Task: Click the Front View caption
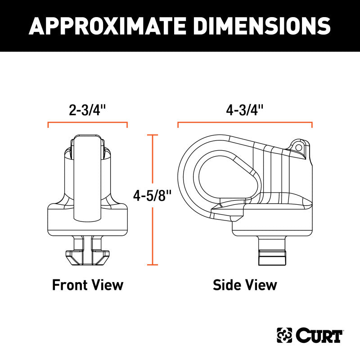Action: click(x=88, y=285)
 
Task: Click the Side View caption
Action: click(x=245, y=285)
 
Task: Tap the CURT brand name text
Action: click(x=320, y=335)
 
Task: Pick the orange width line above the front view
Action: click(x=88, y=123)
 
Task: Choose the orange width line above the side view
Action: click(x=245, y=123)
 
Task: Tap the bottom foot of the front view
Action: click(x=87, y=257)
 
